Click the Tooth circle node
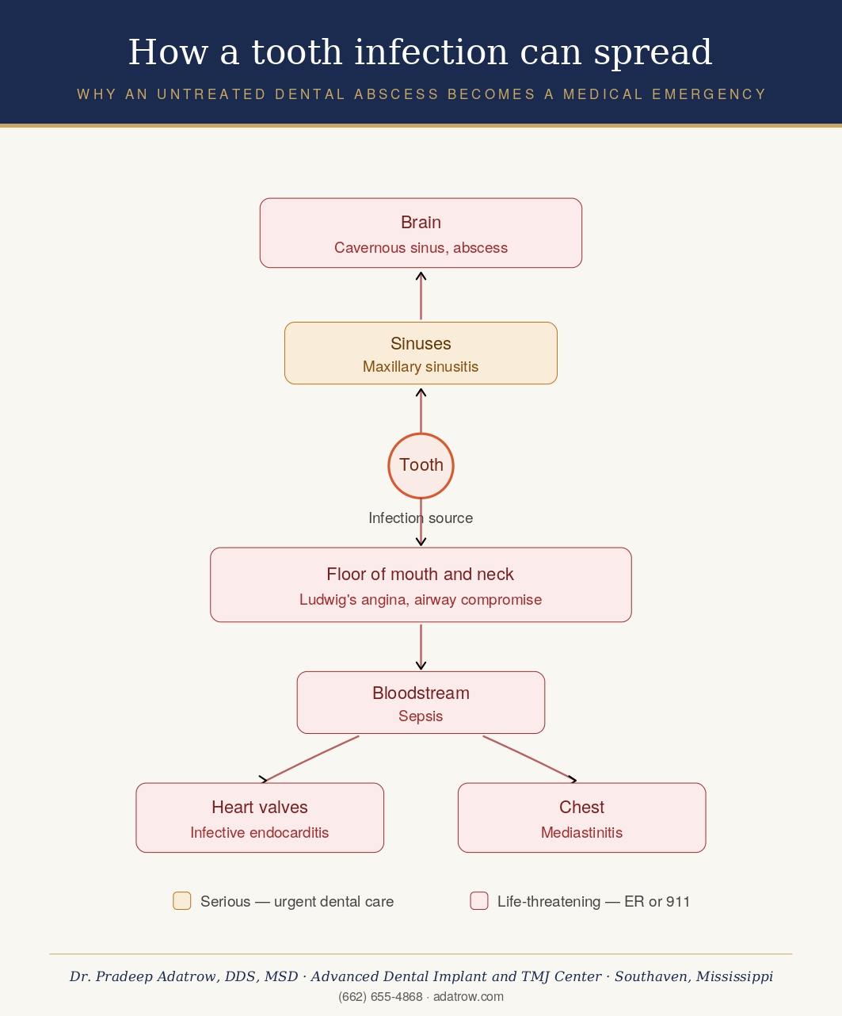(x=421, y=466)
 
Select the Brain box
(x=421, y=232)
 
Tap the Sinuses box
(x=421, y=353)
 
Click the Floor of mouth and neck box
(x=421, y=584)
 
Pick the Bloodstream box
(x=421, y=702)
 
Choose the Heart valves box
(x=260, y=817)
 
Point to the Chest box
(x=581, y=817)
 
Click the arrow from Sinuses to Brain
(x=421, y=296)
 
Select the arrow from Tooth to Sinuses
(x=421, y=411)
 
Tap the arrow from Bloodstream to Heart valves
(x=311, y=759)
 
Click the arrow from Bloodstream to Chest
(x=530, y=759)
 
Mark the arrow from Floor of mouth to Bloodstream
(x=421, y=647)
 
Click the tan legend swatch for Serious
(x=182, y=900)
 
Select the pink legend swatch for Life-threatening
(x=479, y=900)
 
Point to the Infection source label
(x=421, y=518)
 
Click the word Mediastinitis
(x=581, y=833)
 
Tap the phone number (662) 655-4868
(x=380, y=996)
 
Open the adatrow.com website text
(x=468, y=996)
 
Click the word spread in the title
(x=653, y=52)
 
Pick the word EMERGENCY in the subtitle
(x=709, y=94)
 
